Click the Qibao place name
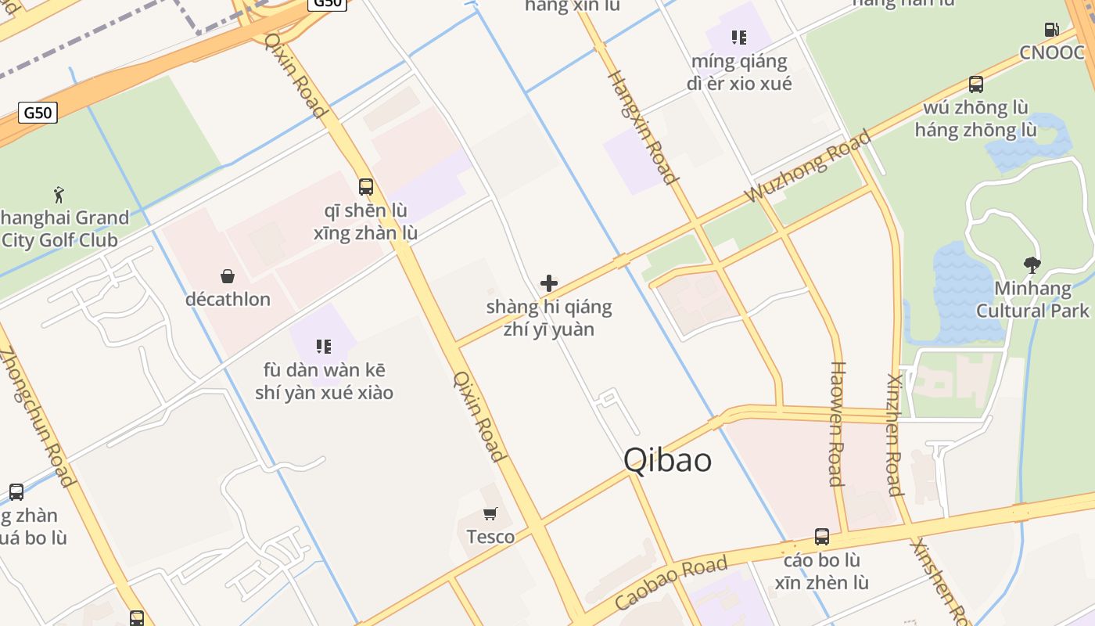pyautogui.click(x=667, y=460)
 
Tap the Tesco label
pyautogui.click(x=490, y=537)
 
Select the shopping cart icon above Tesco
pyautogui.click(x=490, y=514)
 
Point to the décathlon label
pyautogui.click(x=228, y=299)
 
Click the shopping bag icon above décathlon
pyautogui.click(x=228, y=276)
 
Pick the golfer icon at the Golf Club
pyautogui.click(x=59, y=194)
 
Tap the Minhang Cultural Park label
pyautogui.click(x=1032, y=300)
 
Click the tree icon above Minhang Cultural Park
pyautogui.click(x=1032, y=265)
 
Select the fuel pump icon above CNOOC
pyautogui.click(x=1052, y=30)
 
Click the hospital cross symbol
pyautogui.click(x=549, y=283)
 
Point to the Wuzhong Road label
pyautogui.click(x=807, y=167)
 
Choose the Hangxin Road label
pyautogui.click(x=641, y=128)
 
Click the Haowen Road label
pyautogui.click(x=836, y=423)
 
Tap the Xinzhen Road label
pyautogui.click(x=895, y=434)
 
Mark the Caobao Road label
pyautogui.click(x=671, y=583)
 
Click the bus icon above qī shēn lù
pyautogui.click(x=366, y=187)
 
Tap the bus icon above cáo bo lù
pyautogui.click(x=822, y=537)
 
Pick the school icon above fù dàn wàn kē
pyautogui.click(x=324, y=346)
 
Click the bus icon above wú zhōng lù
pyautogui.click(x=976, y=84)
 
